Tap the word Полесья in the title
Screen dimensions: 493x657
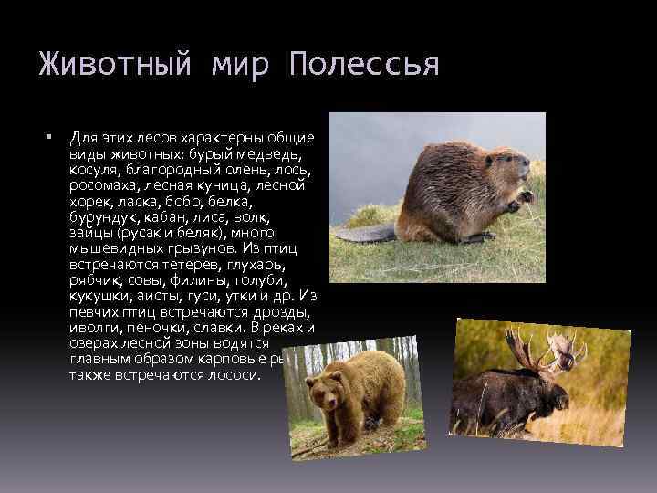pos(364,65)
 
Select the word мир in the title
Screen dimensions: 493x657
pos(247,65)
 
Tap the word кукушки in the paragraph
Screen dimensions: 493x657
pos(98,296)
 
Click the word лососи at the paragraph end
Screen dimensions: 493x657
pos(235,374)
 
